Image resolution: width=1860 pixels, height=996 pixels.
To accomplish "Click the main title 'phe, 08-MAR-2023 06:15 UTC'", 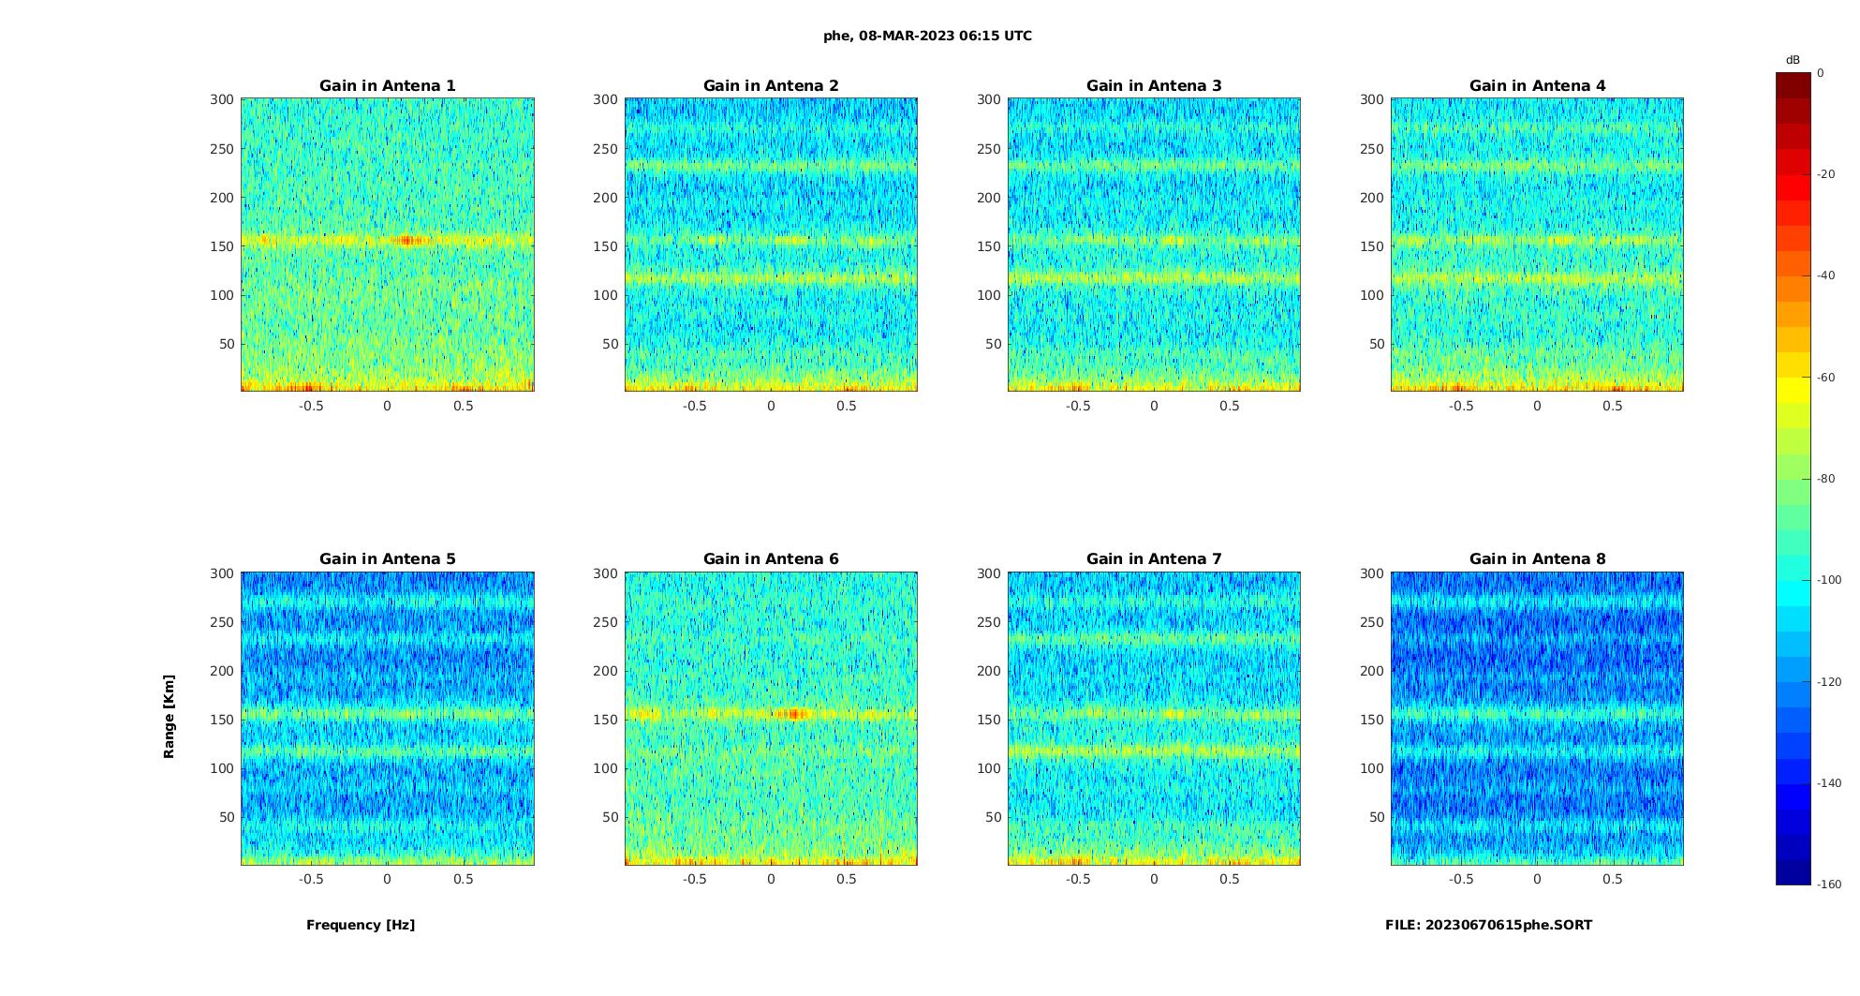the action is click(927, 37).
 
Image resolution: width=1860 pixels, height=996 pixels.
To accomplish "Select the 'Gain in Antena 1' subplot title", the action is click(388, 86).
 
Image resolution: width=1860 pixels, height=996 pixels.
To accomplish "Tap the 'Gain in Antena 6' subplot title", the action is click(771, 559).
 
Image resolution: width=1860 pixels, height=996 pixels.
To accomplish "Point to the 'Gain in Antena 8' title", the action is click(1537, 559).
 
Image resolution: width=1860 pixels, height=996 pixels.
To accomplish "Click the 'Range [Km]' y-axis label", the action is click(170, 717).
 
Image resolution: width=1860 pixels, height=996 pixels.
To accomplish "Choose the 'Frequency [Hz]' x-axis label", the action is click(361, 925).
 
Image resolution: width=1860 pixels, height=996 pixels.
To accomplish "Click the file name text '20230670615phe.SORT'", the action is click(1509, 925).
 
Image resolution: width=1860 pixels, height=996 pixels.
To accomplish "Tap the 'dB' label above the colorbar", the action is click(1793, 60).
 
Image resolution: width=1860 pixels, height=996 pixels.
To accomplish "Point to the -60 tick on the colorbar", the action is click(1826, 378).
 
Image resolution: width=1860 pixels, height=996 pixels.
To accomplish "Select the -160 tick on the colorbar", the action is click(1829, 885).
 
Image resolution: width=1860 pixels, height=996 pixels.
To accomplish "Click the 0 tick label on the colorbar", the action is click(1821, 73).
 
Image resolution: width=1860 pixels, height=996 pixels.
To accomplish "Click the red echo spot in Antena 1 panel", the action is click(407, 241).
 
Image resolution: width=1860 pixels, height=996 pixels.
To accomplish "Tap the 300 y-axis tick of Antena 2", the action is click(605, 99).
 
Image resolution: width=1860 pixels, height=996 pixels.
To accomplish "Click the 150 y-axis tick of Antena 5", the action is click(222, 720).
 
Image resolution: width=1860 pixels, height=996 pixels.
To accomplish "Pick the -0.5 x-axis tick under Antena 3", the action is click(1077, 406).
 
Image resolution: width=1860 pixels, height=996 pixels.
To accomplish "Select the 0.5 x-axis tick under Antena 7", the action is click(1230, 879).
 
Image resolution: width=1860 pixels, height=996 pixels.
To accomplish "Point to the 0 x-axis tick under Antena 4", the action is click(1537, 406).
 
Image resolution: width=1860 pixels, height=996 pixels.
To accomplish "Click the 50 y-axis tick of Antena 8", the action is click(1376, 817).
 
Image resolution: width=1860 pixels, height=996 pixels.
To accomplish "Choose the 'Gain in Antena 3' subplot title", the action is click(1154, 86).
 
